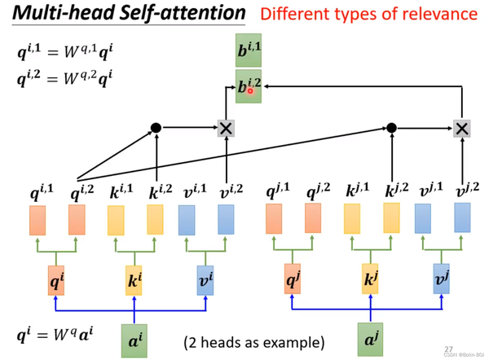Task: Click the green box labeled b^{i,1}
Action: [249, 53]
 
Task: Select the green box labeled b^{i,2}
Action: [249, 86]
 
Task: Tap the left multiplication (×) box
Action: [225, 128]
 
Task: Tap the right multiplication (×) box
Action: [461, 128]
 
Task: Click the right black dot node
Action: [391, 128]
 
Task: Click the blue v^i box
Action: [206, 279]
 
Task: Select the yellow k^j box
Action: [370, 279]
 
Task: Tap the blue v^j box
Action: [442, 279]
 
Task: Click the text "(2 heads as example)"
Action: [253, 340]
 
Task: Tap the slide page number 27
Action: [449, 349]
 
